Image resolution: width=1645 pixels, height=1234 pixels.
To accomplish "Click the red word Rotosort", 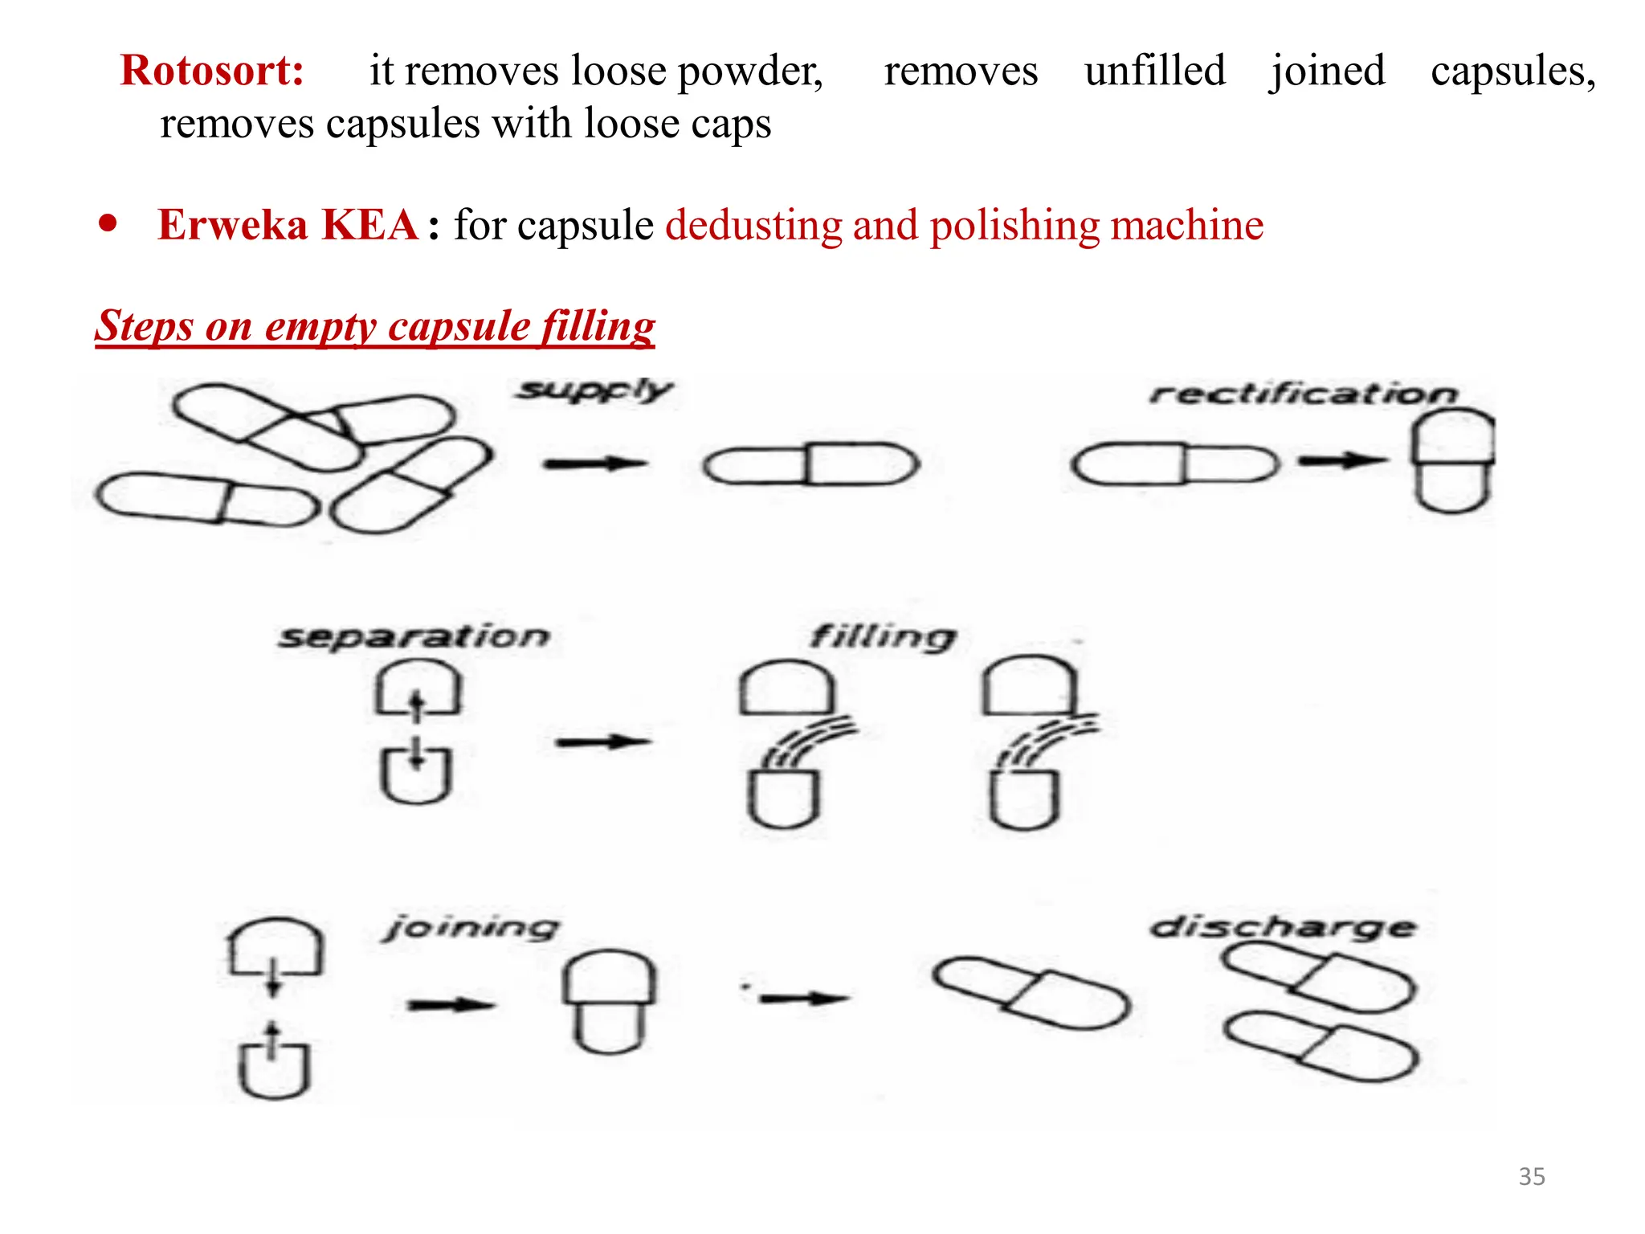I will (212, 71).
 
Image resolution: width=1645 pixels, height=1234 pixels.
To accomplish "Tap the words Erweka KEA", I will (288, 225).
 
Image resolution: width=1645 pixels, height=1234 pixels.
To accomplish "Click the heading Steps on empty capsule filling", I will (375, 326).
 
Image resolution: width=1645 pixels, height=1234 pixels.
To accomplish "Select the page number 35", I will (1531, 1177).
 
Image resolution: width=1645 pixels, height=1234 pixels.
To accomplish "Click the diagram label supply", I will (594, 390).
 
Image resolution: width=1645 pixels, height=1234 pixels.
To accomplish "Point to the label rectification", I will (1302, 394).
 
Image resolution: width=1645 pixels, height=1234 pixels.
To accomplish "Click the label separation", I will (414, 637).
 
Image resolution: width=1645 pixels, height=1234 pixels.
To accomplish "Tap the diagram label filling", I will (883, 637).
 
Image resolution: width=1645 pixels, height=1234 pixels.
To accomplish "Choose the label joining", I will (471, 928).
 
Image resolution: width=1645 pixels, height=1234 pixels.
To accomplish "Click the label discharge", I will (1283, 928).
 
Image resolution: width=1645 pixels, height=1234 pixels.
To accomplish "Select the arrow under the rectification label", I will (1342, 461).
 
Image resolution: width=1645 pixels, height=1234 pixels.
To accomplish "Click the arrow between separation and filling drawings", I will (602, 742).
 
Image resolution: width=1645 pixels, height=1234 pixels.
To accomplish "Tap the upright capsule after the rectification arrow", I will (1452, 460).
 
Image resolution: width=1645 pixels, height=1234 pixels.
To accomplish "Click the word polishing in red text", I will (1014, 225).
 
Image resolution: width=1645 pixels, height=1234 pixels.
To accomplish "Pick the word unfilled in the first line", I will (1154, 71).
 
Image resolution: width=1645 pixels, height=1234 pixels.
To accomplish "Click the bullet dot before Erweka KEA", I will (108, 223).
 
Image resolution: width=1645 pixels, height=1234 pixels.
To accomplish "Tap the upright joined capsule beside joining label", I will (609, 1002).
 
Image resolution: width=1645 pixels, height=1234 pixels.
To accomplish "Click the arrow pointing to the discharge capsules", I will (803, 999).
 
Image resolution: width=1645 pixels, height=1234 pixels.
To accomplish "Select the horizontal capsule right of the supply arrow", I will (810, 464).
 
